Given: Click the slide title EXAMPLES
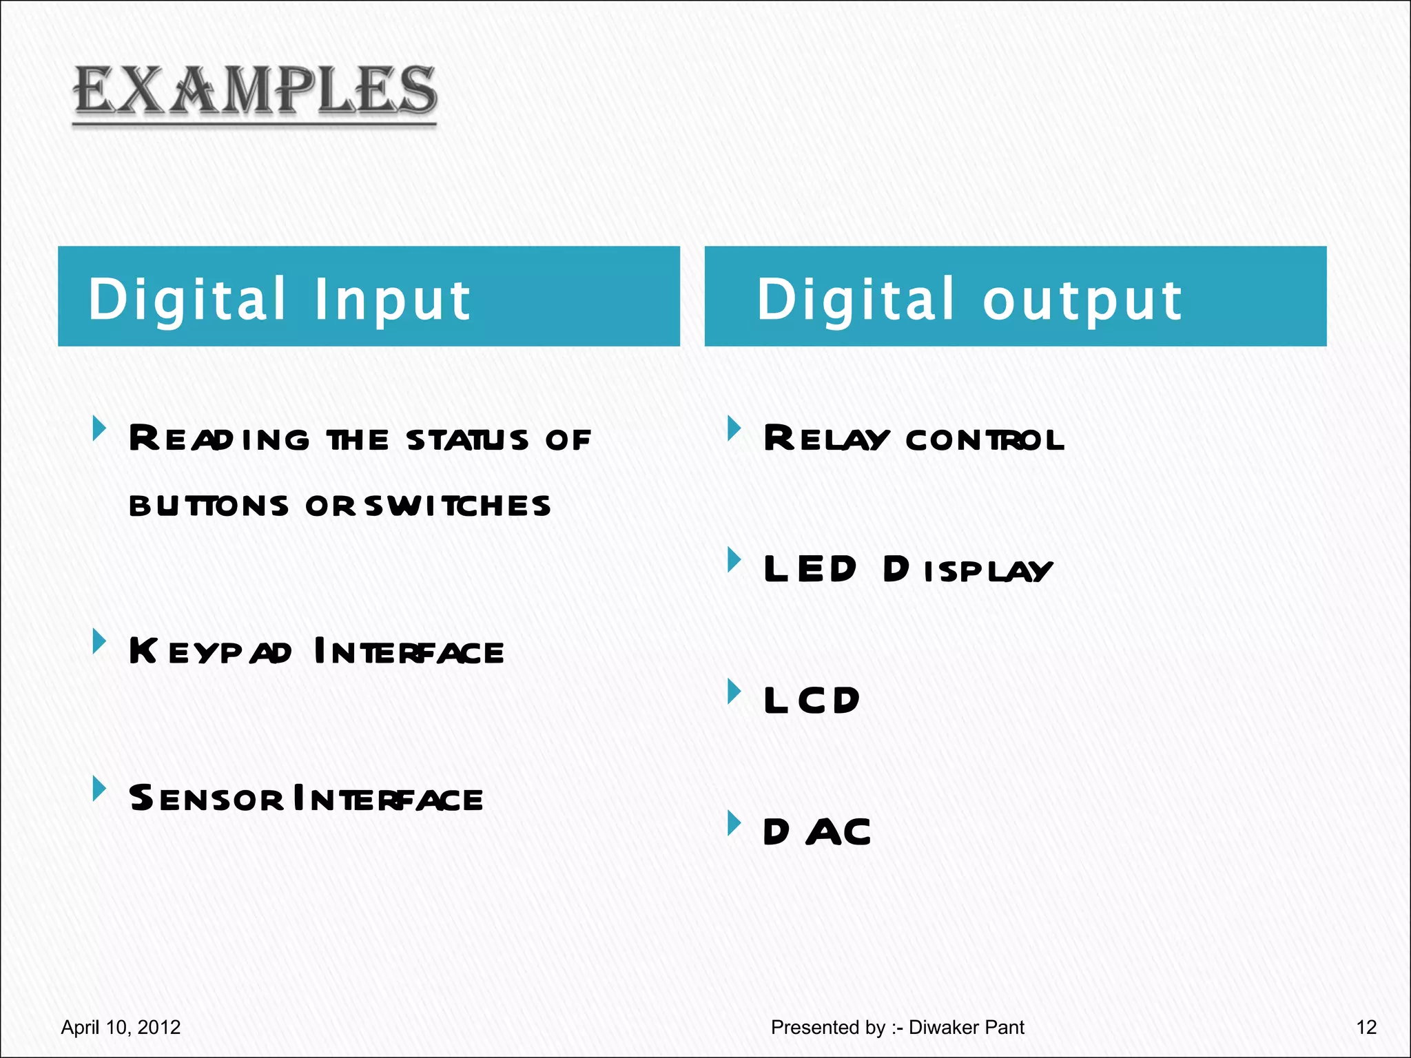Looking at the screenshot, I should pyautogui.click(x=255, y=91).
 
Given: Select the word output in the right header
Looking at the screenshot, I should pyautogui.click(x=1082, y=300).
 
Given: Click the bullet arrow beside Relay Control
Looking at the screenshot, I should pyautogui.click(x=734, y=429).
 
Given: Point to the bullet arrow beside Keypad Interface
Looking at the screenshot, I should pyautogui.click(x=100, y=641).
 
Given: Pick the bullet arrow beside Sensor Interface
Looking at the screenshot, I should pyautogui.click(x=100, y=789).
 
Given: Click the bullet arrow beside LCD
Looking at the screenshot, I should pyautogui.click(x=734, y=692).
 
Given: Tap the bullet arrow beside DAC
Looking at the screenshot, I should pyautogui.click(x=734, y=822).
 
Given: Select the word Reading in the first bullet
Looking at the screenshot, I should pyautogui.click(x=219, y=439).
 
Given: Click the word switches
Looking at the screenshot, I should pyautogui.click(x=458, y=506).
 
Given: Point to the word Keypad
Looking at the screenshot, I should pyautogui.click(x=210, y=651).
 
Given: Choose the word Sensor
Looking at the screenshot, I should pyautogui.click(x=205, y=798).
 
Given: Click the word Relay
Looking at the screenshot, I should pyautogui.click(x=826, y=439).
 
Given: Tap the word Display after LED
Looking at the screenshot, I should pyautogui.click(x=968, y=570).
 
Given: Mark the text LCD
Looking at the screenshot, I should pyautogui.click(x=812, y=701).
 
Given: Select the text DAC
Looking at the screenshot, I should pyautogui.click(x=817, y=832).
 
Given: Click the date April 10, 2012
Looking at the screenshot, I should pyautogui.click(x=121, y=1028).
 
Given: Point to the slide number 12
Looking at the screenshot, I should pyautogui.click(x=1366, y=1028).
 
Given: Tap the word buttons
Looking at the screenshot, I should pyautogui.click(x=209, y=506).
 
